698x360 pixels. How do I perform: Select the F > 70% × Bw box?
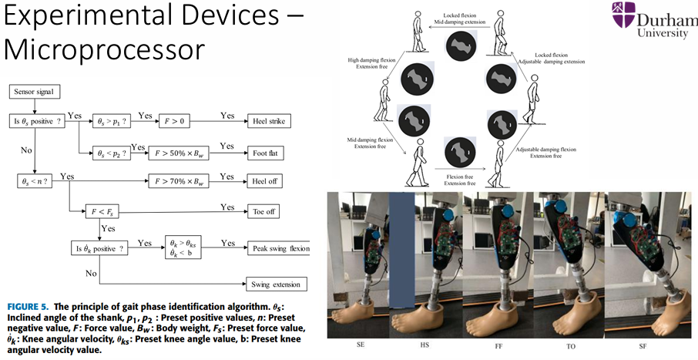178,182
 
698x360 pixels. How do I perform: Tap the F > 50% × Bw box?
178,153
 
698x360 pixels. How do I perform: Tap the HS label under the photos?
428,346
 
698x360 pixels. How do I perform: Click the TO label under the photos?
570,346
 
